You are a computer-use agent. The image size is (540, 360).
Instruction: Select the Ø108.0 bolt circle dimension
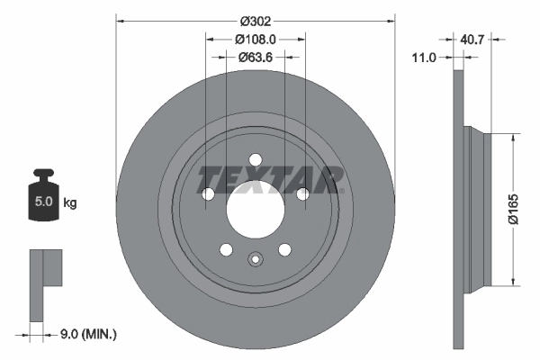coord(256,39)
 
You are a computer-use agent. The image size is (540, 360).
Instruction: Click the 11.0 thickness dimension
coord(423,57)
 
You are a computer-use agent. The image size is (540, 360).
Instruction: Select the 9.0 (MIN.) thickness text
coord(86,334)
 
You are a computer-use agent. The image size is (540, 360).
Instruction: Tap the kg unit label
coord(70,203)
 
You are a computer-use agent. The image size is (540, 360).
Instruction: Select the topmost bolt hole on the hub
coord(256,160)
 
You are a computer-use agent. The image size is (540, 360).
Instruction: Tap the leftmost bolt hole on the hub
coord(209,194)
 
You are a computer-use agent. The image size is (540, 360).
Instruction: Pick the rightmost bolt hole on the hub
coord(302,194)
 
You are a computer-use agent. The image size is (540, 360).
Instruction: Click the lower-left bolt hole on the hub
coord(227,250)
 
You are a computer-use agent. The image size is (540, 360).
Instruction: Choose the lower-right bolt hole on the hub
coord(284,250)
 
